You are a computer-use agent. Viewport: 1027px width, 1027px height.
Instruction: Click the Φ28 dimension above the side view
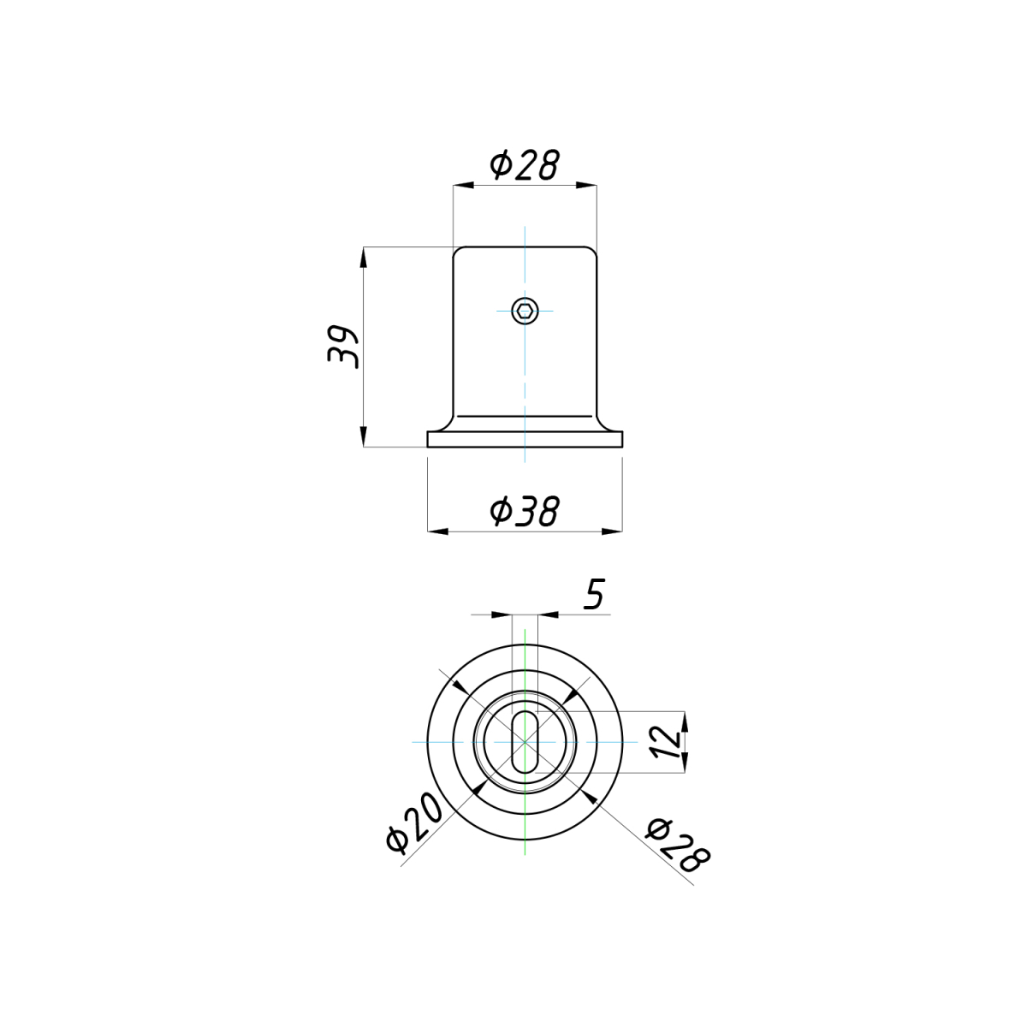pyautogui.click(x=525, y=164)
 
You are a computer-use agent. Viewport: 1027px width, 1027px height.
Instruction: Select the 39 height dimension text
pyautogui.click(x=343, y=346)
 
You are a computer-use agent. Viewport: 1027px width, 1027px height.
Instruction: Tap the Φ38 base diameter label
pyautogui.click(x=525, y=511)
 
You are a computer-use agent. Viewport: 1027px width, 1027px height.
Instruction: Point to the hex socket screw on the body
pyautogui.click(x=525, y=311)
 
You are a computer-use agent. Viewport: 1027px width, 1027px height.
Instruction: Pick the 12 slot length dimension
pyautogui.click(x=666, y=741)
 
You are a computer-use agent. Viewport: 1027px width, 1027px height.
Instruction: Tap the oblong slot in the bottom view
pyautogui.click(x=525, y=741)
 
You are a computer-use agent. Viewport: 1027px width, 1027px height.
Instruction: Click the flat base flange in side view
pyautogui.click(x=525, y=439)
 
